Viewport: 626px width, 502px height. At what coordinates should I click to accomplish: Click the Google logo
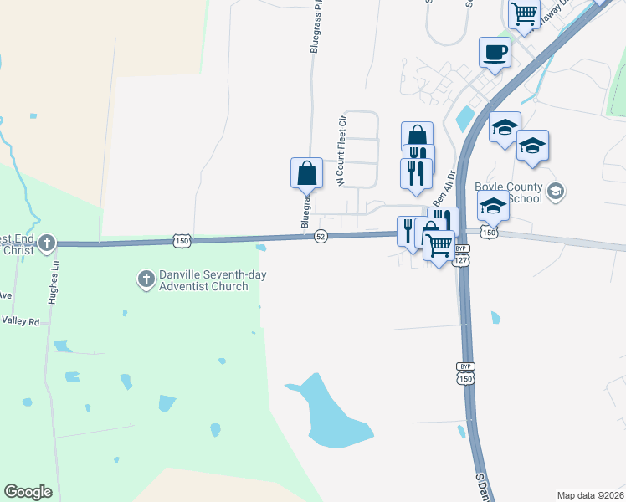point(28,492)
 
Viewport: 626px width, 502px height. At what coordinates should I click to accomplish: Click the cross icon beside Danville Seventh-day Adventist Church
point(145,278)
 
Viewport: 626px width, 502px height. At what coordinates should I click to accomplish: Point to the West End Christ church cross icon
point(47,243)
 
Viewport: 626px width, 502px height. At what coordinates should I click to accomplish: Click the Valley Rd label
point(20,320)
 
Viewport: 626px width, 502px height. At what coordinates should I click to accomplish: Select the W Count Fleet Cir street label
point(341,151)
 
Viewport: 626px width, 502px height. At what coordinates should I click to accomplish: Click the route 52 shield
point(321,237)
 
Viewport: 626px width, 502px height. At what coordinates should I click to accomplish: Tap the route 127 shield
point(462,261)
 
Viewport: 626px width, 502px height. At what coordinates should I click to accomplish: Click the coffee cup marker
point(494,53)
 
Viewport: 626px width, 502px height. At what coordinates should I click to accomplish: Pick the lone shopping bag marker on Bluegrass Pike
point(307,173)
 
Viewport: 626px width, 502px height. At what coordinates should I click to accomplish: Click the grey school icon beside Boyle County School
point(554,193)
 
